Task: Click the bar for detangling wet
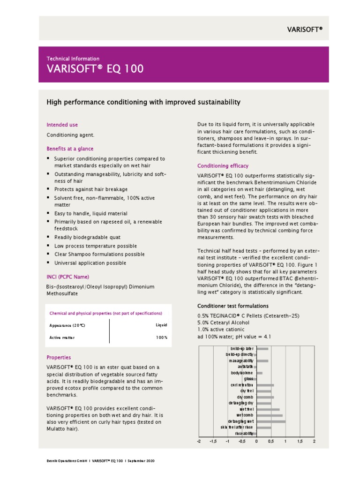pos(271,421)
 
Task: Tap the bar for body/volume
pos(259,373)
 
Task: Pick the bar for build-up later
pos(262,349)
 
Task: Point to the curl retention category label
pos(242,385)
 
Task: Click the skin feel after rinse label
pos(237,427)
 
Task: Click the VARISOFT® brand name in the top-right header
pos(305,30)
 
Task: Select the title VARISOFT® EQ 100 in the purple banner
pos(95,69)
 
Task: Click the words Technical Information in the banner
pos(73,59)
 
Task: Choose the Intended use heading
pos(62,125)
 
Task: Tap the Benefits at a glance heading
pos(70,149)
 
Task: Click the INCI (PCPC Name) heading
pos(67,277)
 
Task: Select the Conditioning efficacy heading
pos(223,166)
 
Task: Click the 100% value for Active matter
pos(162,337)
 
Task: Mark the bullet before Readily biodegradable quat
pos(48,237)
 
